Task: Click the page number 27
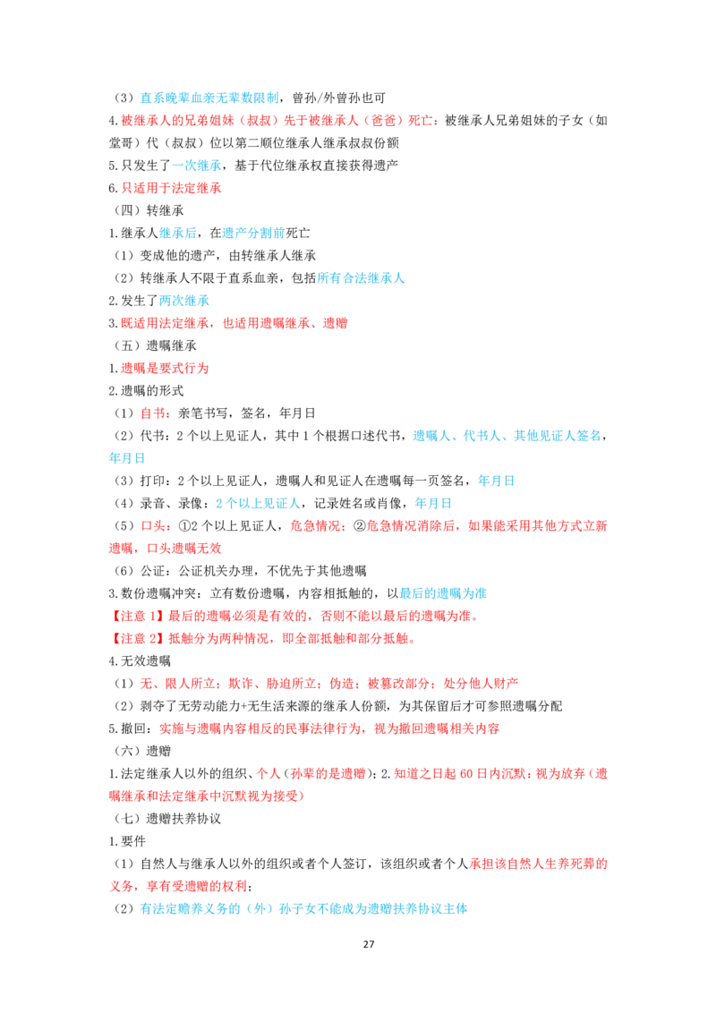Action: [369, 944]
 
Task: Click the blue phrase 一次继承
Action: [196, 166]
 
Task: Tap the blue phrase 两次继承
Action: [184, 301]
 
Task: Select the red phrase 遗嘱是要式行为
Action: [165, 369]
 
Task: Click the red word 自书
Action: [152, 413]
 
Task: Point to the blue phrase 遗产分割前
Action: [253, 233]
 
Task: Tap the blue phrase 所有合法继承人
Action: [361, 277]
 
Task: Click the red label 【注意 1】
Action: [138, 616]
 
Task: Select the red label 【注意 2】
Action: [138, 638]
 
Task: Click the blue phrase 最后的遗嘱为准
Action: [443, 593]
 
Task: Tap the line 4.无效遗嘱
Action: [140, 661]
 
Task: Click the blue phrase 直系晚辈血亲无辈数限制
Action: [209, 98]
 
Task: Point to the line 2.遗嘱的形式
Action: [146, 390]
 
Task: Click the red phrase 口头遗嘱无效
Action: [184, 549]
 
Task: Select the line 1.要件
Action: [127, 841]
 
